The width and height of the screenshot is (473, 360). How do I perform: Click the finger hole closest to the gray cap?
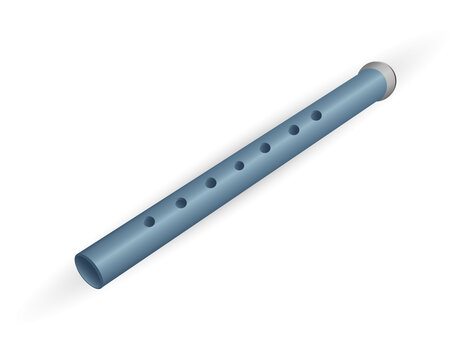pyautogui.click(x=316, y=115)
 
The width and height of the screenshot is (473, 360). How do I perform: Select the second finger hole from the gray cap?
pyautogui.click(x=294, y=130)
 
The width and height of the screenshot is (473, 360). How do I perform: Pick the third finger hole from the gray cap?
pyautogui.click(x=265, y=148)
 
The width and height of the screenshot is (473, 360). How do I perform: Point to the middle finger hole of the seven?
pyautogui.click(x=239, y=165)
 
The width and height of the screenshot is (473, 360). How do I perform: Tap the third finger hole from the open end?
pyautogui.click(x=211, y=183)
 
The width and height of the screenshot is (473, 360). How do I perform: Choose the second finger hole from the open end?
pyautogui.click(x=181, y=202)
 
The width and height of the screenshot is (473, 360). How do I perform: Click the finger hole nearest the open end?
pyautogui.click(x=149, y=221)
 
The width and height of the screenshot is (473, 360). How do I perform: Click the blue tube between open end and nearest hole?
pyautogui.click(x=120, y=242)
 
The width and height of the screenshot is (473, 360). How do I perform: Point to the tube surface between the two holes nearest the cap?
pyautogui.click(x=305, y=123)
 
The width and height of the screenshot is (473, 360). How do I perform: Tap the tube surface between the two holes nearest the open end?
pyautogui.click(x=165, y=212)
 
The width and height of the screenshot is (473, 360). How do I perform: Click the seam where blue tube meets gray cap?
pyautogui.click(x=366, y=82)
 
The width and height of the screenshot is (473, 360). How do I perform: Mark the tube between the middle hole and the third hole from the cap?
pyautogui.click(x=252, y=157)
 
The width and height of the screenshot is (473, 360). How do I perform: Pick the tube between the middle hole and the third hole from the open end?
pyautogui.click(x=225, y=174)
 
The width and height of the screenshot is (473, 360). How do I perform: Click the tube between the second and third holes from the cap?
pyautogui.click(x=280, y=139)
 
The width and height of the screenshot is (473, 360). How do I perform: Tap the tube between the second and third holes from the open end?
pyautogui.click(x=196, y=193)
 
